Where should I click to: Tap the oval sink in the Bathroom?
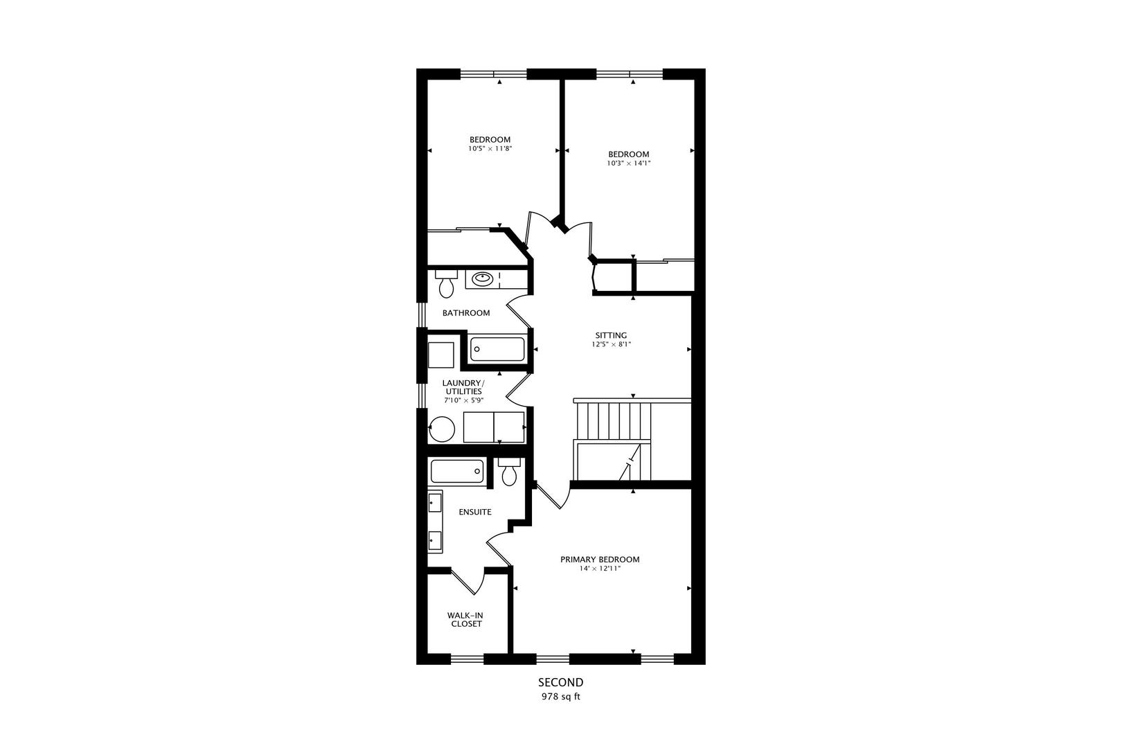point(482,279)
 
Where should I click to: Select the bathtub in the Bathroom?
point(497,348)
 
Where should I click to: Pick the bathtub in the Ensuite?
point(457,472)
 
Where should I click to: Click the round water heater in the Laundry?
point(442,429)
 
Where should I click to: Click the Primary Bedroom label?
point(600,559)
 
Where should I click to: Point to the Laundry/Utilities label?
point(463,387)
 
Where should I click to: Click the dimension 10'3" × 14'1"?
point(628,163)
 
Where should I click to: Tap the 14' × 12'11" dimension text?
point(600,569)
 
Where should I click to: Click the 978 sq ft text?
point(560,697)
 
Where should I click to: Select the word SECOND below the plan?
point(560,682)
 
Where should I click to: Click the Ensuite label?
point(475,512)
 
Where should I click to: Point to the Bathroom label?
point(466,313)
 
